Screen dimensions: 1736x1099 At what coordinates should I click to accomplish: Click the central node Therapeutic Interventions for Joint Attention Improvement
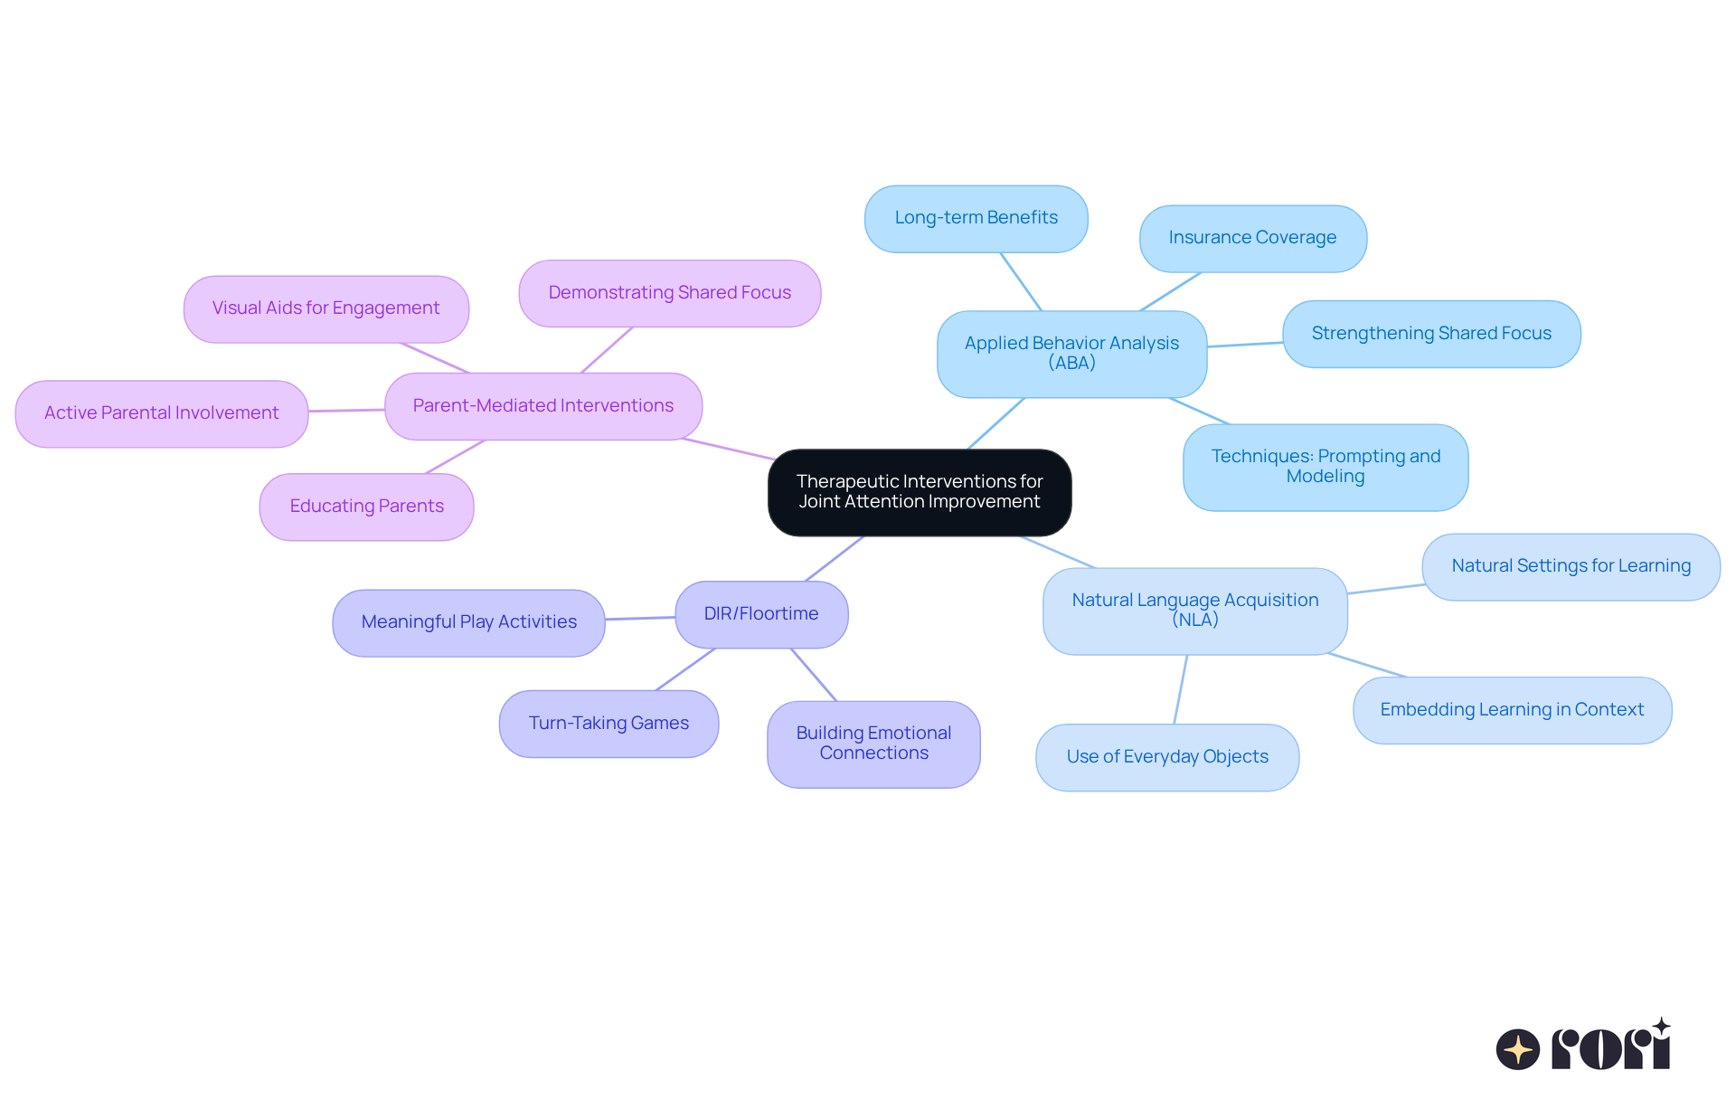[x=920, y=492]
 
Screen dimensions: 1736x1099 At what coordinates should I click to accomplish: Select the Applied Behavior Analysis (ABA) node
[x=1071, y=354]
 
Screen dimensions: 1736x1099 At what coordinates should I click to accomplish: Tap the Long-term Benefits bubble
[x=976, y=218]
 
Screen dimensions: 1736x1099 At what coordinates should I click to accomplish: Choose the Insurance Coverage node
[x=1252, y=238]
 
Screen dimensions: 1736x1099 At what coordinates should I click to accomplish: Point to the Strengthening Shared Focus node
[x=1431, y=334]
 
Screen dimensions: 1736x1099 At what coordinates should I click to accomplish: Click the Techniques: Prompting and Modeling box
[x=1326, y=467]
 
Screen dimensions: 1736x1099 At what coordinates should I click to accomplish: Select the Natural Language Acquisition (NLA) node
[x=1194, y=611]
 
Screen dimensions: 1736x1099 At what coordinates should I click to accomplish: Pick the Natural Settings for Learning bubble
[x=1571, y=566]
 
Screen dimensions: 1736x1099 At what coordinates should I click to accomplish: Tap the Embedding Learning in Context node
[x=1512, y=710]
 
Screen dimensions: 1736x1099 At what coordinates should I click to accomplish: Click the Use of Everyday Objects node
[x=1167, y=757]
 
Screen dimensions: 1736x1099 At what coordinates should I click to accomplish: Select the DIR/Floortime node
[x=761, y=614]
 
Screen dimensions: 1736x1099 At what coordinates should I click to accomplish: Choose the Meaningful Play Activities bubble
[x=468, y=622]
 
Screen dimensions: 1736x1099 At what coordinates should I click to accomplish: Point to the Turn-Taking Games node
[x=609, y=724]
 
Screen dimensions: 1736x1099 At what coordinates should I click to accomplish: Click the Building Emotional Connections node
[x=873, y=744]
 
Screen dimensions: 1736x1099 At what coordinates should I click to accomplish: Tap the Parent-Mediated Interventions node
[x=543, y=406]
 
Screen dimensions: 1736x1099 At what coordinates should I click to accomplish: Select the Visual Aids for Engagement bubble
[x=325, y=308]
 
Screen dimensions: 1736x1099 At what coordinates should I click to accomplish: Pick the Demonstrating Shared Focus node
[x=669, y=293]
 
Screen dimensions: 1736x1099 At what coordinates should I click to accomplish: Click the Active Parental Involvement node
[x=162, y=413]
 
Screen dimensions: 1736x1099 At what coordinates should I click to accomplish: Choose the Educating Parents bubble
[x=366, y=507]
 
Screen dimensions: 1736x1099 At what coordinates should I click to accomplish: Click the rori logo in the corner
[x=1584, y=1046]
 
